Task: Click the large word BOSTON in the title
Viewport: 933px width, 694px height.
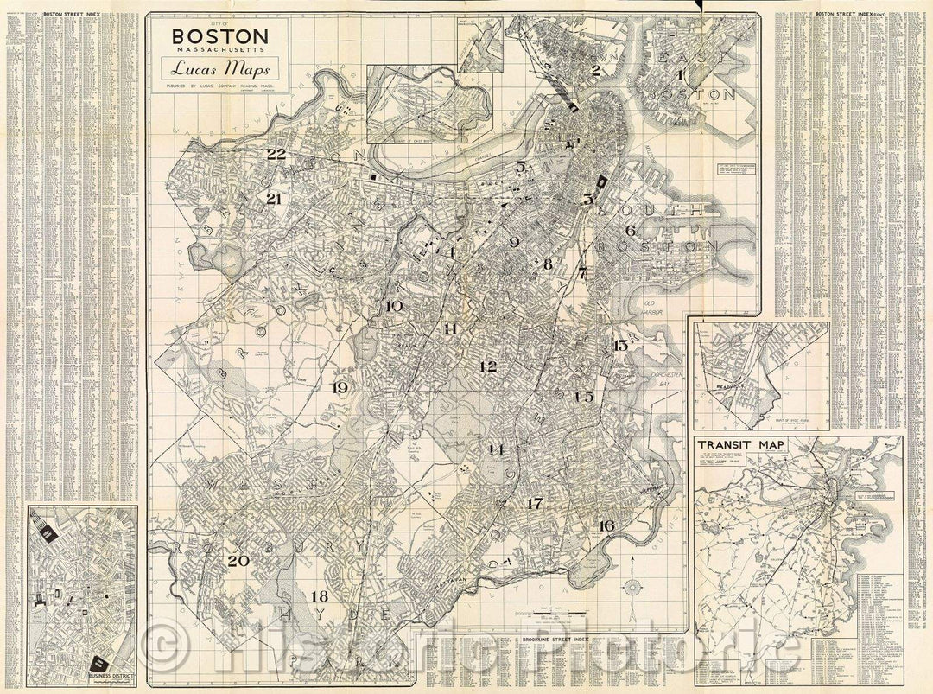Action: click(x=219, y=37)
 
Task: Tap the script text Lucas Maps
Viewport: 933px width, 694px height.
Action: click(x=220, y=69)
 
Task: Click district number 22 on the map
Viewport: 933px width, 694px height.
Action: click(x=276, y=155)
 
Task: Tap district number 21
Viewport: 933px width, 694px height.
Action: click(x=275, y=199)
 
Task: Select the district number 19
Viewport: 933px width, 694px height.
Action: click(x=340, y=388)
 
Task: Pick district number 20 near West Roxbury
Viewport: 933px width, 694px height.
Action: click(x=238, y=560)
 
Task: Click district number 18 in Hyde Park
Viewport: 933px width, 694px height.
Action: click(x=320, y=596)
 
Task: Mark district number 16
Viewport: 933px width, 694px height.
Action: click(x=606, y=525)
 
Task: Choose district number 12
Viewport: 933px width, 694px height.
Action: click(x=488, y=366)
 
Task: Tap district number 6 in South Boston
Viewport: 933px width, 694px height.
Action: click(x=630, y=231)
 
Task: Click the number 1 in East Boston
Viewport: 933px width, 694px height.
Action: click(x=682, y=75)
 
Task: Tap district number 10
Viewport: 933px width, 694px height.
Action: click(x=394, y=306)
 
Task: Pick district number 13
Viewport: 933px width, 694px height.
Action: click(x=620, y=346)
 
